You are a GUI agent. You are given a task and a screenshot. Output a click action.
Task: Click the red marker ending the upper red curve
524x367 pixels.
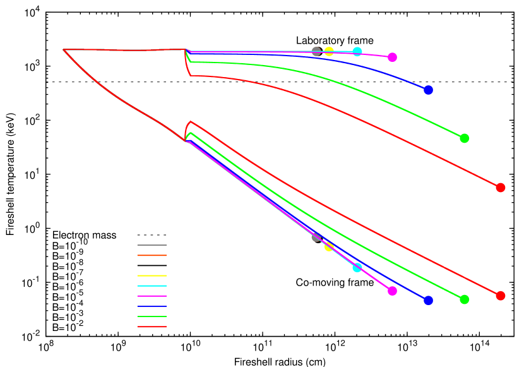pos(501,188)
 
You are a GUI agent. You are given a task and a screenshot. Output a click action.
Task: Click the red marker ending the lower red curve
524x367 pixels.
pos(501,296)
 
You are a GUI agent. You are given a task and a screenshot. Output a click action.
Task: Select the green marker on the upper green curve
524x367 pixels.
pos(464,138)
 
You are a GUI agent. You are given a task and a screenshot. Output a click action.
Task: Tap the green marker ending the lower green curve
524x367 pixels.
pos(464,299)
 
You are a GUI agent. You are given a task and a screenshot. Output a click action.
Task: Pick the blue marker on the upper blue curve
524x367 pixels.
pos(428,90)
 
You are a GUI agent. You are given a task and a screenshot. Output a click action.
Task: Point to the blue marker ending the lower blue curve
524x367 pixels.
pos(428,300)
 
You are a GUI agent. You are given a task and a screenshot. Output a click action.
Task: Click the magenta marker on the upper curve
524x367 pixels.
pos(392,57)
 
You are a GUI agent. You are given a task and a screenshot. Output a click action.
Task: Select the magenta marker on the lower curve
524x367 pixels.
pos(392,291)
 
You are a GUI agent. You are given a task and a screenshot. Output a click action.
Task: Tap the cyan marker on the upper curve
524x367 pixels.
pos(357,51)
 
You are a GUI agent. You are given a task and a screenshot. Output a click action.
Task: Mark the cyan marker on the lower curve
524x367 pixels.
pos(357,267)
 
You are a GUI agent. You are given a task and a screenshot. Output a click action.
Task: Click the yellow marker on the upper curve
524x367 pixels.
pos(329,51)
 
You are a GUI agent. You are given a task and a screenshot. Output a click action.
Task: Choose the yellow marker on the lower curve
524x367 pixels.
pos(329,246)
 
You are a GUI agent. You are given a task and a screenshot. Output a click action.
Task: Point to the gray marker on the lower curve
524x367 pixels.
pos(316,237)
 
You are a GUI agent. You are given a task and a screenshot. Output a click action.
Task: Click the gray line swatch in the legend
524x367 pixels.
pos(152,245)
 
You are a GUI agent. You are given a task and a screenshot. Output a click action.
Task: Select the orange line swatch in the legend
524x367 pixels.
pos(152,255)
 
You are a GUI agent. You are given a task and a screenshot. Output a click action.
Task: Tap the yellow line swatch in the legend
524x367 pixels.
pos(152,275)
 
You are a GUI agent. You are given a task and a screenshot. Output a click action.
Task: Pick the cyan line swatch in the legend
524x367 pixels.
pos(152,286)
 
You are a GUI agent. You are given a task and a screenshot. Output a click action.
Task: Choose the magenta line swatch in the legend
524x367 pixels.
pos(152,296)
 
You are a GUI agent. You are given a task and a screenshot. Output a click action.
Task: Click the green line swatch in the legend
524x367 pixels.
pos(152,316)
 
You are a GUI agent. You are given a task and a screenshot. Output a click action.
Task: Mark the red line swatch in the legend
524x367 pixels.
pos(152,327)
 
